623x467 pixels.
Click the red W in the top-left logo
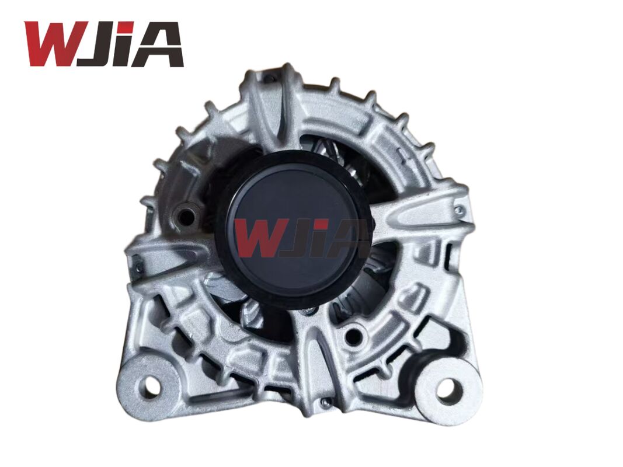[x=50, y=44]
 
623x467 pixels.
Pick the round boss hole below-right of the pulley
[x=352, y=336]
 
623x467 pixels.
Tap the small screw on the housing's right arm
[x=460, y=210]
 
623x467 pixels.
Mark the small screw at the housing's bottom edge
[x=326, y=402]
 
